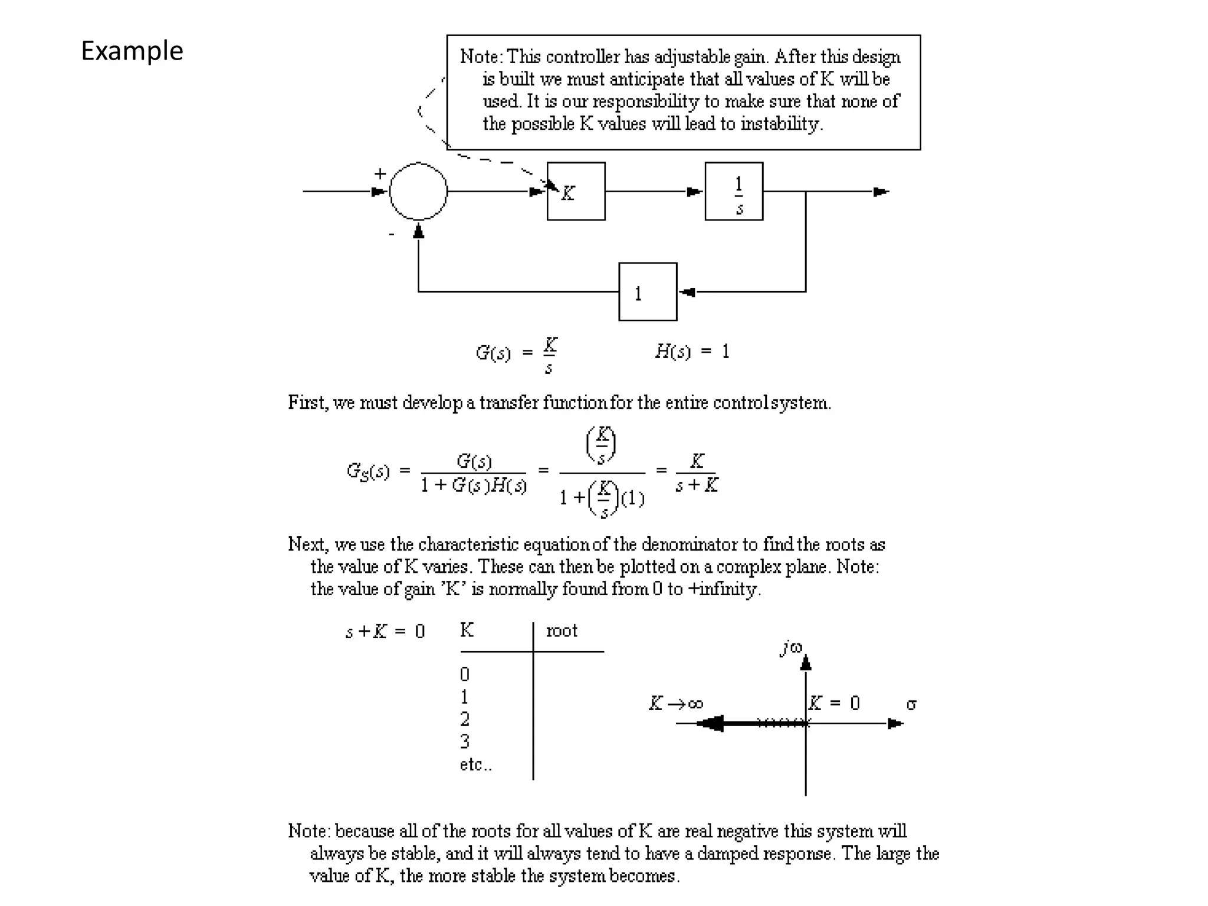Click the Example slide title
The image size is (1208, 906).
point(132,51)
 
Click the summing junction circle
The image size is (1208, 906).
point(418,191)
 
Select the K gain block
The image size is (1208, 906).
point(576,191)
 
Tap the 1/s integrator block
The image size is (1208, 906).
point(734,191)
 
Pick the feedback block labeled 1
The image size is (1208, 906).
point(648,292)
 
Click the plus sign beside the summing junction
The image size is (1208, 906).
point(380,173)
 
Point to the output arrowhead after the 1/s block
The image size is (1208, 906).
point(881,192)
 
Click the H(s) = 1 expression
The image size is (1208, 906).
point(692,352)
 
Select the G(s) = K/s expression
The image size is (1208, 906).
point(517,354)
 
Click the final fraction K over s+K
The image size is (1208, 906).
point(697,473)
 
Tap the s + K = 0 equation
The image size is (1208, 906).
point(385,632)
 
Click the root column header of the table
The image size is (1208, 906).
point(562,631)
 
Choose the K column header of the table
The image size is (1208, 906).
point(467,630)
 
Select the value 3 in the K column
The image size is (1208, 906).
point(465,741)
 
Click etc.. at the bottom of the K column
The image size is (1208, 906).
point(475,764)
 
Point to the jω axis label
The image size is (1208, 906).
point(791,648)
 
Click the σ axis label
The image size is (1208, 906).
point(911,704)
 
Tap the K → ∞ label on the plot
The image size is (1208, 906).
point(676,703)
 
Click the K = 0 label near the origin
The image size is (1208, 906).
point(834,703)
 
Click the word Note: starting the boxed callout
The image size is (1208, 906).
point(481,57)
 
